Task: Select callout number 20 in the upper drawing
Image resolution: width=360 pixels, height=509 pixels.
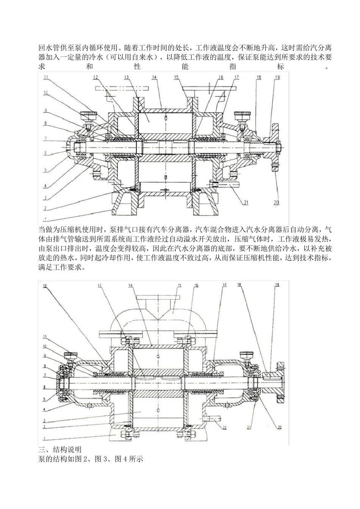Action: [276, 202]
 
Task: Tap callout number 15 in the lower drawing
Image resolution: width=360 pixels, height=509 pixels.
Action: [180, 286]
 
